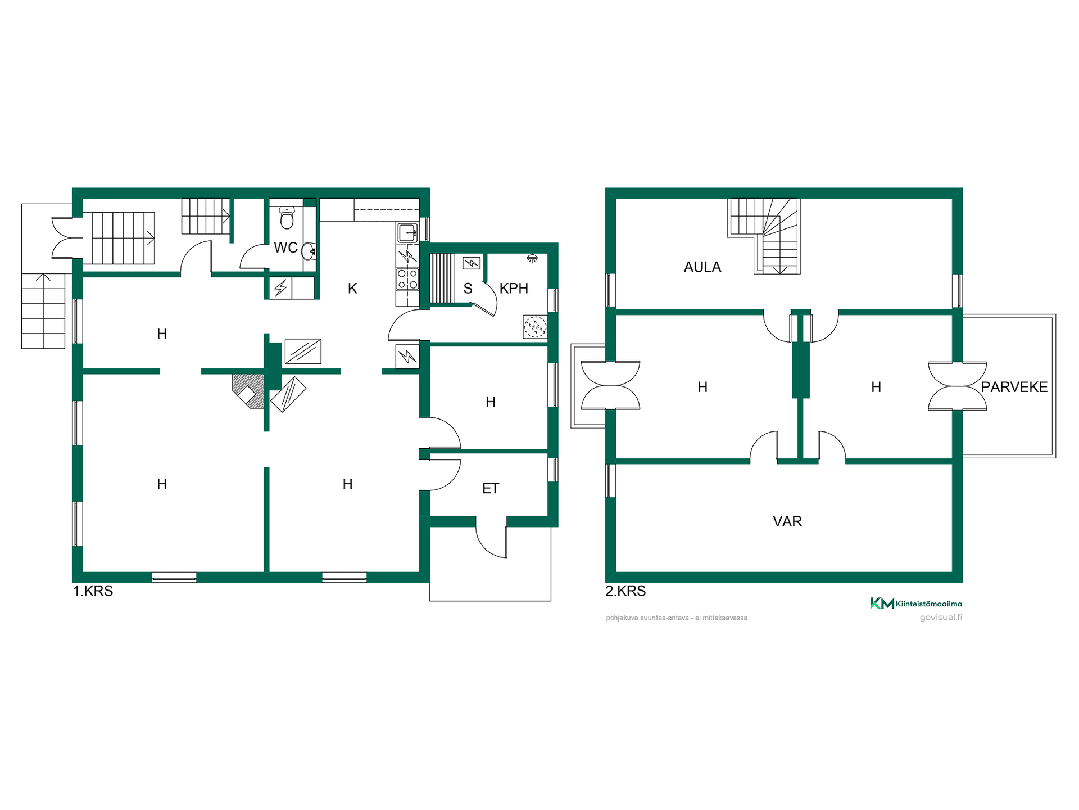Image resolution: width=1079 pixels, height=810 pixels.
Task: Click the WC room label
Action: click(285, 247)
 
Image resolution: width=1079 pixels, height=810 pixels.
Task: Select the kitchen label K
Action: click(352, 289)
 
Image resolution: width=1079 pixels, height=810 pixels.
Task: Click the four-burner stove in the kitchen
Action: click(407, 278)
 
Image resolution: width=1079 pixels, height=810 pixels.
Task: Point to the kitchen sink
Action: click(407, 232)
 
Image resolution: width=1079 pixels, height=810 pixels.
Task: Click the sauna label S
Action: click(468, 289)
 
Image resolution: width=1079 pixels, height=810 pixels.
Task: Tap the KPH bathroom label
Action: click(514, 289)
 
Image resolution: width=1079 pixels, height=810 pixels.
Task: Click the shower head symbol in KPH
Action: click(532, 258)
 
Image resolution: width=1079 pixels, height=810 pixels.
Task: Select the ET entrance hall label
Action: click(491, 488)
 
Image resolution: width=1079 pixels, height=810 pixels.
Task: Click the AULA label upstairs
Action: click(702, 267)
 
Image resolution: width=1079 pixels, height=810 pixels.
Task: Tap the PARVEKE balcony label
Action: click(1014, 387)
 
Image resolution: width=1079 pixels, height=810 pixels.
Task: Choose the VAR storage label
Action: click(787, 521)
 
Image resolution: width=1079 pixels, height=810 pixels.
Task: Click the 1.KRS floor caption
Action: click(93, 591)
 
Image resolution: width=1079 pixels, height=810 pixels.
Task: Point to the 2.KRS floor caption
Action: click(625, 591)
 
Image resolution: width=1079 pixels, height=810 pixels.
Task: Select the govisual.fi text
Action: click(941, 617)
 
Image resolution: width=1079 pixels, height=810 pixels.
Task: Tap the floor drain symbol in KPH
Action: click(535, 326)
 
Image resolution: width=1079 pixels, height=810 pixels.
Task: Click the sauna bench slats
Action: click(442, 278)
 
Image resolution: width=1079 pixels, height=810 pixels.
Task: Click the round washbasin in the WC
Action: click(309, 251)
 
